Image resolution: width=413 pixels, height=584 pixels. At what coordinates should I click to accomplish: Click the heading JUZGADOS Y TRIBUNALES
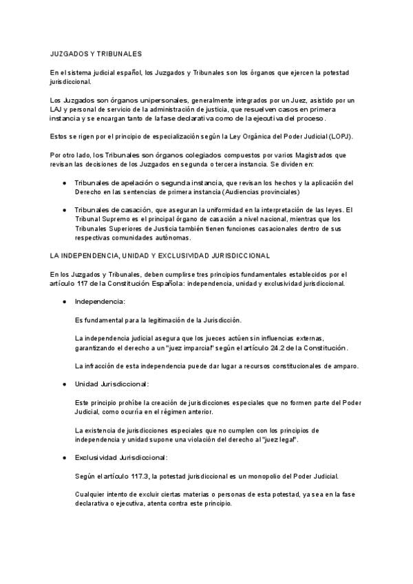[x=96, y=52]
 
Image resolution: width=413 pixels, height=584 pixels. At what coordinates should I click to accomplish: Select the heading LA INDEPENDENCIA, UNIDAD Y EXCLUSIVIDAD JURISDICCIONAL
[x=160, y=255]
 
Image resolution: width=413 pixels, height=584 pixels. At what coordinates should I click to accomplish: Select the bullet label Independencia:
[x=100, y=302]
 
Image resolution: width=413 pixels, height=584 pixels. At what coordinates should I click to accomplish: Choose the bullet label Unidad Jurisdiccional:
[x=112, y=384]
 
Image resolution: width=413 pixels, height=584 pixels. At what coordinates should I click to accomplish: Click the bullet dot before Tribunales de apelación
[x=64, y=182]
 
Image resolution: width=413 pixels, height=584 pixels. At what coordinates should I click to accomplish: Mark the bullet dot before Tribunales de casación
[x=64, y=210]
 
